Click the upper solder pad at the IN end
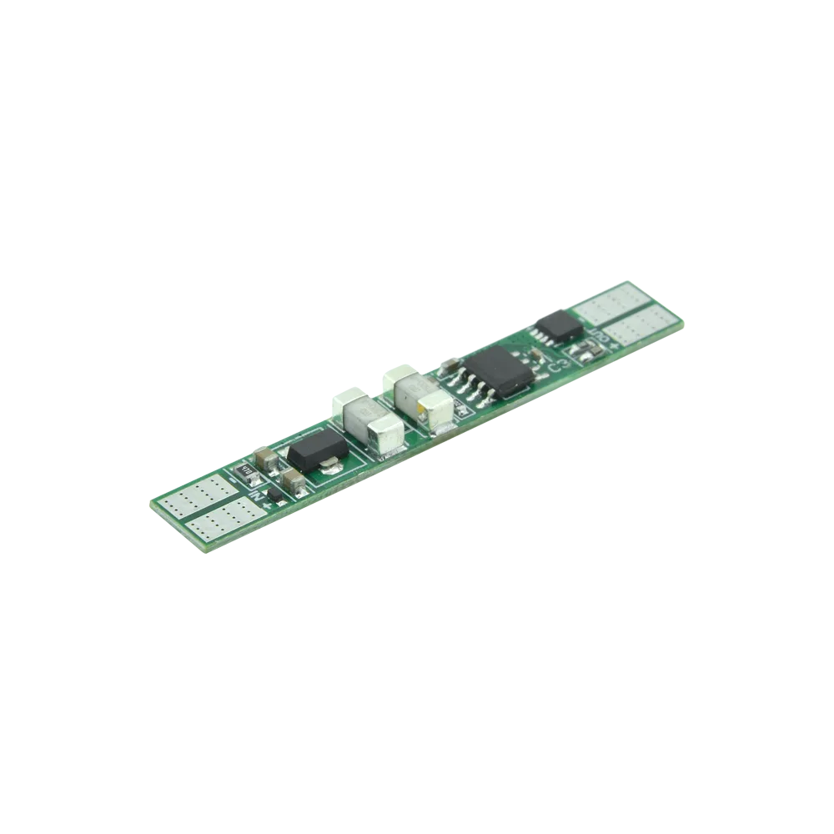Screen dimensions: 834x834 click(x=196, y=497)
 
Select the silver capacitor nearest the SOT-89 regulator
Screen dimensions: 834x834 click(x=371, y=424)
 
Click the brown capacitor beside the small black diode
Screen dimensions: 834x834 click(x=294, y=480)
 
